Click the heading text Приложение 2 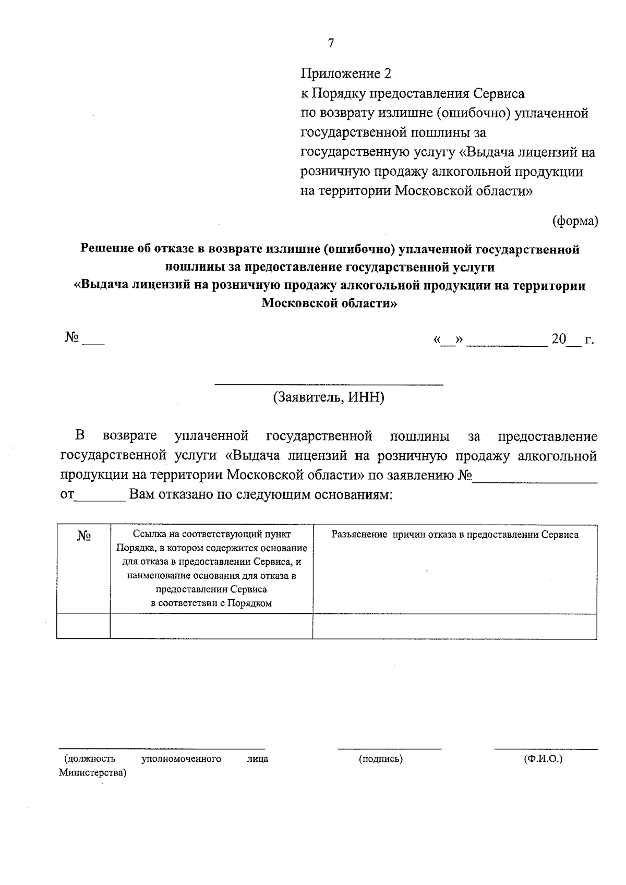(346, 74)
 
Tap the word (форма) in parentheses (575, 221)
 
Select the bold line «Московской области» (329, 303)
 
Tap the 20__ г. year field (572, 340)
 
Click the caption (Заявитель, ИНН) (329, 397)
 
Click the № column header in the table (84, 536)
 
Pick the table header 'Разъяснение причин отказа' (454, 535)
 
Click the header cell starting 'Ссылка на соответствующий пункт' (211, 568)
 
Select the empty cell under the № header (83, 626)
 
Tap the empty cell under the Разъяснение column (454, 626)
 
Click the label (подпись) (381, 759)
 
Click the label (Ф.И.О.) (543, 759)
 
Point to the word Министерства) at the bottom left (93, 773)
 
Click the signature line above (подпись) (389, 748)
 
